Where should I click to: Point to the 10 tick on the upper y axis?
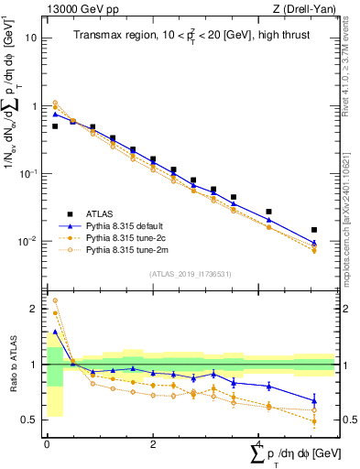pos(31,38)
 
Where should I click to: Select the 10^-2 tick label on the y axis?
pos(27,242)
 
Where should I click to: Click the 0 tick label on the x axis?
pos(47,444)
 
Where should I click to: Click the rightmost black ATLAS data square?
pos(314,230)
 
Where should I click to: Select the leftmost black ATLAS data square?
pos(55,126)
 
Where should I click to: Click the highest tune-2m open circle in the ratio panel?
pos(55,300)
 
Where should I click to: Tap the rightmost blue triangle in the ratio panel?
pos(314,400)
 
